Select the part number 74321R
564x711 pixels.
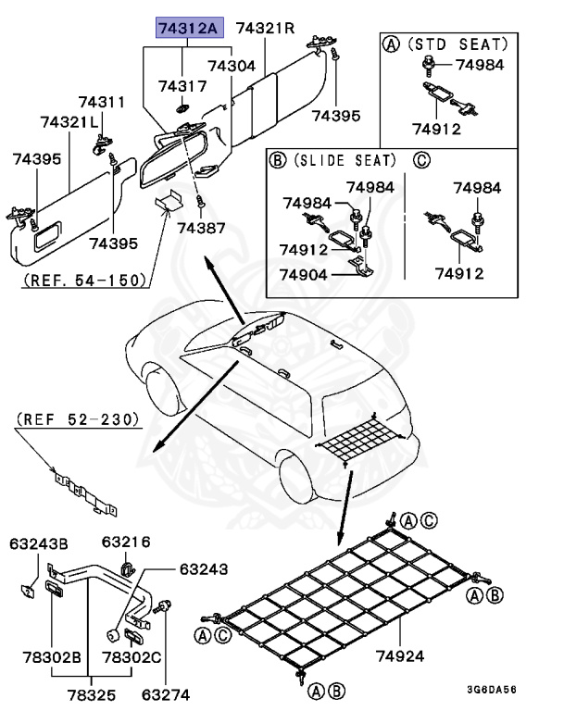coord(265,29)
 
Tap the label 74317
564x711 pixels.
coord(182,86)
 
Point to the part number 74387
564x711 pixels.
coord(201,227)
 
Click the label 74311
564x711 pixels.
coord(101,102)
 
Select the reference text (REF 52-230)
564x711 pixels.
coord(78,419)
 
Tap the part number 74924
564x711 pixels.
coord(399,657)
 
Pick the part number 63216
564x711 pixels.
coord(126,542)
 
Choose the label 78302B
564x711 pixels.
coord(52,657)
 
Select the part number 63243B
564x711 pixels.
coord(39,542)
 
